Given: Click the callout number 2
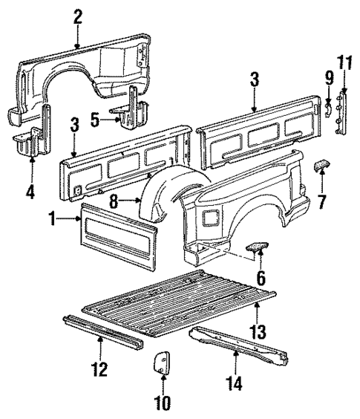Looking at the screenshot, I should click(77, 16).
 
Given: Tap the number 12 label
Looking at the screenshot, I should click(99, 368).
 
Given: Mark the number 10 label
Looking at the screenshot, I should click(162, 403).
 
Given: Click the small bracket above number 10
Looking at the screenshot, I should click(161, 365).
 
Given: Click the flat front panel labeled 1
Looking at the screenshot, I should click(117, 230).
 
